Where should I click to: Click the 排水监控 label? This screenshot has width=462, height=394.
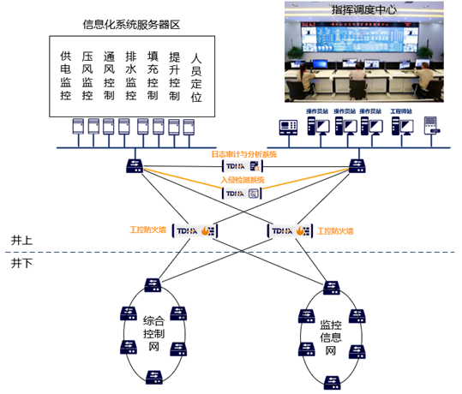coord(130,75)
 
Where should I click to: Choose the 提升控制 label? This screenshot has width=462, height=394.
coord(174,75)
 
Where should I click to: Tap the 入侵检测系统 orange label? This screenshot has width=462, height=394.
coord(243,181)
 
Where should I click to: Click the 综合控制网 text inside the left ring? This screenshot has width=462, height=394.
coord(154,330)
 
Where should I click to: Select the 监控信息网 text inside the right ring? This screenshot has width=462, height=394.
coord(331,338)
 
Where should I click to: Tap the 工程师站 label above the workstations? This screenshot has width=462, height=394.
coord(400,111)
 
